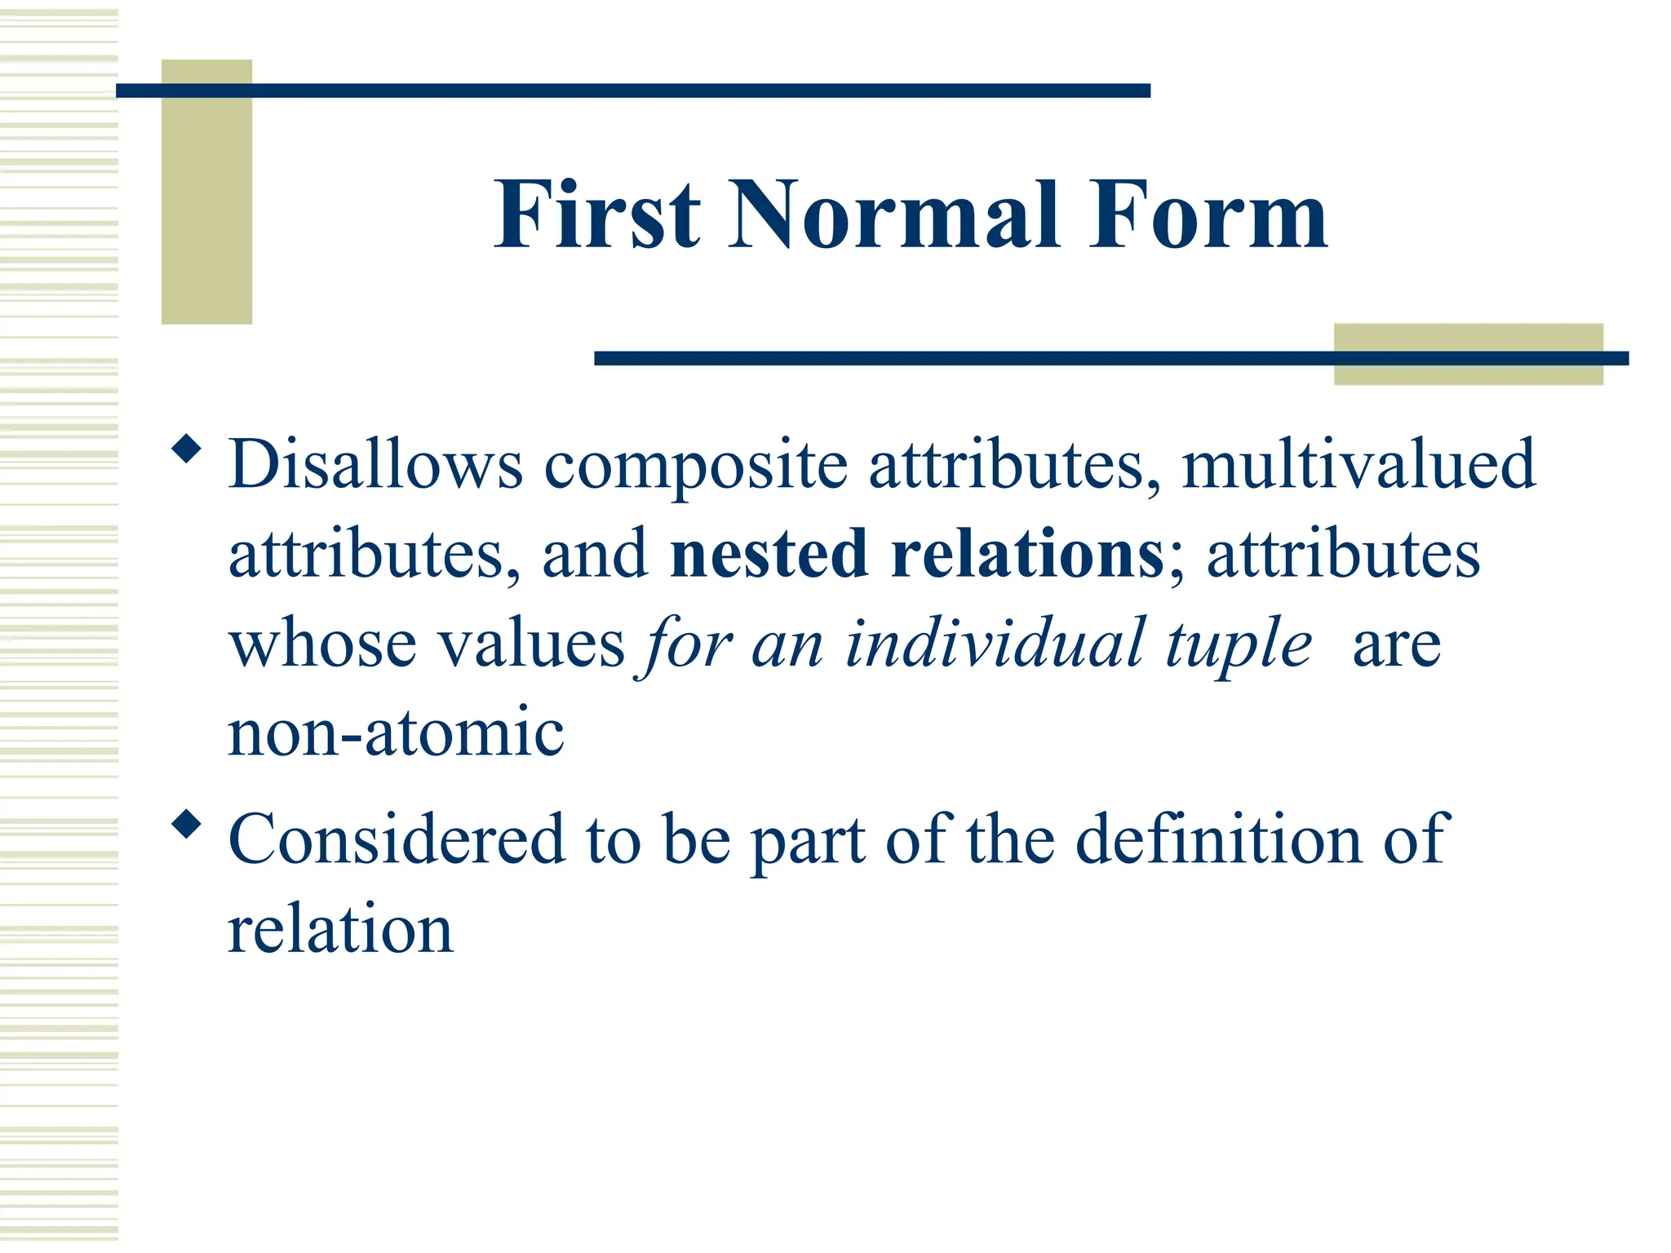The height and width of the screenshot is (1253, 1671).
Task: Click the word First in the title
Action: coord(597,215)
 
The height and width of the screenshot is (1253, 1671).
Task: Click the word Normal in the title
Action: coord(894,215)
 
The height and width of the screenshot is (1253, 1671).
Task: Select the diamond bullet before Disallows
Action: coord(187,449)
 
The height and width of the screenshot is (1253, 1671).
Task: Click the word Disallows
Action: coord(375,464)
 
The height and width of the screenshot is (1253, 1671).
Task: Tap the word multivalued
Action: coord(1359,464)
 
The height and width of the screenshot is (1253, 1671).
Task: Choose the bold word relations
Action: coord(1028,554)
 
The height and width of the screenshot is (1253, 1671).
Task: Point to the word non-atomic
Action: coord(396,733)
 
